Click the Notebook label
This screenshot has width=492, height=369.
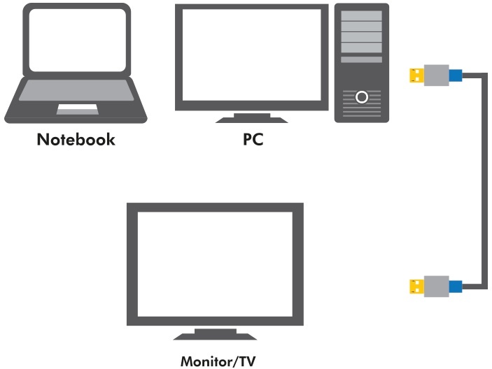76,139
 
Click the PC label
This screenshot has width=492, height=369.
253,139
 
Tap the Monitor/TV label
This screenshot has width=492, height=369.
218,361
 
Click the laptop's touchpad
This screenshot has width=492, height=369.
78,109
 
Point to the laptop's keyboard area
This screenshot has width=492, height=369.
76,90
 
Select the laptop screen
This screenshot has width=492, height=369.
78,40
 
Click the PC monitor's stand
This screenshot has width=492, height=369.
252,118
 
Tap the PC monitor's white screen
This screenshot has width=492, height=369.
252,55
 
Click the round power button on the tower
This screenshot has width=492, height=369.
362,97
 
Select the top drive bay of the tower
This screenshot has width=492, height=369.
361,15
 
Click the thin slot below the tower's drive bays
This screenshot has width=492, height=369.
361,59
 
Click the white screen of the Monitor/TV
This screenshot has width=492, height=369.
216,264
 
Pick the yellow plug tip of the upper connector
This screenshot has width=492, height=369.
416,75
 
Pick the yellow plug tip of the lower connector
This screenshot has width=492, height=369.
416,287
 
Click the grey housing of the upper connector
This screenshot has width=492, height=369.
437,75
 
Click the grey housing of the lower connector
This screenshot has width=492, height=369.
437,287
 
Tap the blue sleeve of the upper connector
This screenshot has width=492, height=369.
456,75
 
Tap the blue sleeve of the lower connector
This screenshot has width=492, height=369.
456,287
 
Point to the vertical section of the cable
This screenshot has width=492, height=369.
485,181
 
